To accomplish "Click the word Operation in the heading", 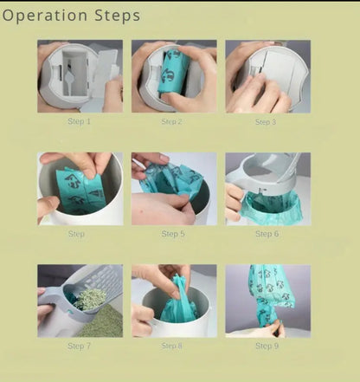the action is (x=45, y=16).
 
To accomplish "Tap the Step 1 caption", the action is (x=79, y=121).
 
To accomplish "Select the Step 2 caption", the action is (x=171, y=121).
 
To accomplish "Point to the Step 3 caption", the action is (x=266, y=122).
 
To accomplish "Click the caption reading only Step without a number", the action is (x=76, y=234).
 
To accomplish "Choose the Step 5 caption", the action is (x=173, y=234).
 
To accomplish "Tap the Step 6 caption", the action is (x=267, y=234).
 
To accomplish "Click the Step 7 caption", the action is (x=79, y=346).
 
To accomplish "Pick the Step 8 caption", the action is (x=172, y=346).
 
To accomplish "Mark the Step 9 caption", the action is (x=267, y=346).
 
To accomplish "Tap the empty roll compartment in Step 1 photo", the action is (x=74, y=74).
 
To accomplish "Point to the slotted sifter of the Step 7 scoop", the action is (x=101, y=279).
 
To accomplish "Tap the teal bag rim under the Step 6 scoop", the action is (x=271, y=206).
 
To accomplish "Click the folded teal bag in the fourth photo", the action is (x=80, y=191).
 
